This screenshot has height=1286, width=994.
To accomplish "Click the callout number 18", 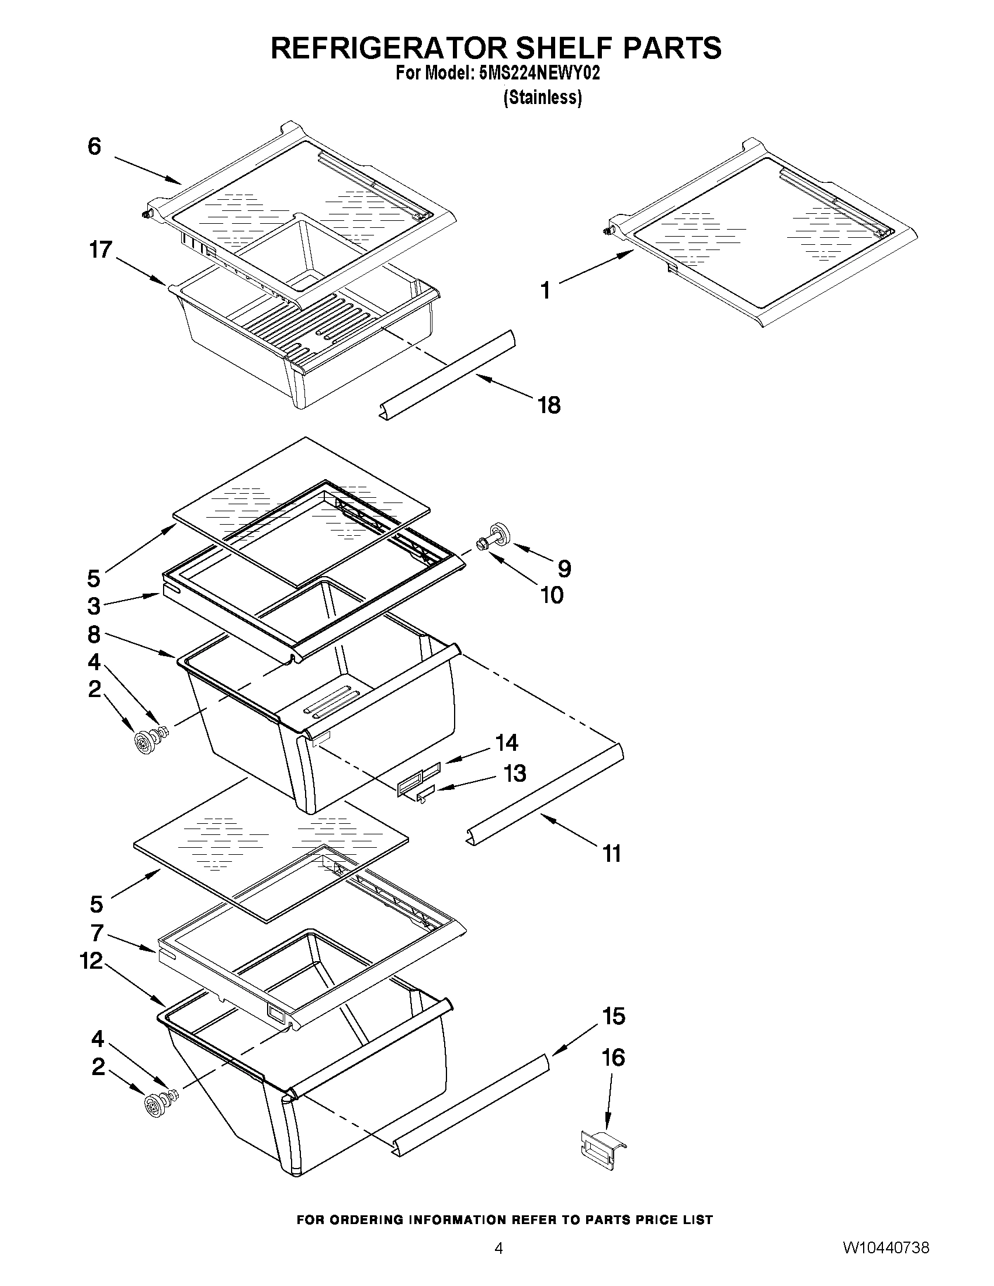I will tap(548, 405).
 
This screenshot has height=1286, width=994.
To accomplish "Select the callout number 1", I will tap(546, 290).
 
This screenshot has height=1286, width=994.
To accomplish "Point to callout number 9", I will tap(563, 569).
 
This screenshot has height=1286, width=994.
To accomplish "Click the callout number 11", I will tap(612, 853).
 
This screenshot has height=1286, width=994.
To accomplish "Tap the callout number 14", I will tap(506, 743).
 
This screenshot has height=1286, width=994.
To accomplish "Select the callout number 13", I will tap(514, 773).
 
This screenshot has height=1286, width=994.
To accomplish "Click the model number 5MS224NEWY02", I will tap(539, 74).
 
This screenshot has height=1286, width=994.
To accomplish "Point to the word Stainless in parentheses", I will tap(542, 98).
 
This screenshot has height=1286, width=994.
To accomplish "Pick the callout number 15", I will tap(613, 1015).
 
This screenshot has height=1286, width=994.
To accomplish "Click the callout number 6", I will tap(94, 146).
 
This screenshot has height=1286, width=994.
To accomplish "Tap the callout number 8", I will tap(93, 635).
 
